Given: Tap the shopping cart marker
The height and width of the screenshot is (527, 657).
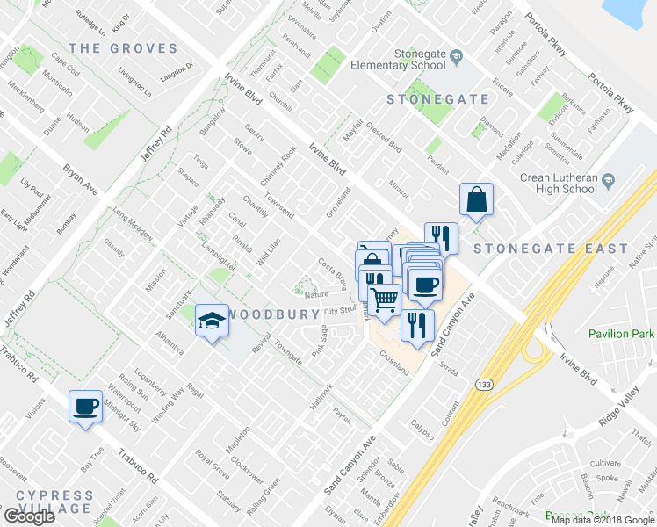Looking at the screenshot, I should coord(383,301).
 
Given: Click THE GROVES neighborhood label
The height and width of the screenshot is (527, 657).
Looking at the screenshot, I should coord(123,48).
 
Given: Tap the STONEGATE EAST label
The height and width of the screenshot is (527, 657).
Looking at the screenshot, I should coord(535,249).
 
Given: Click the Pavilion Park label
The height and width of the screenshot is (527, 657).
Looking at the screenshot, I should coord(622,334).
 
